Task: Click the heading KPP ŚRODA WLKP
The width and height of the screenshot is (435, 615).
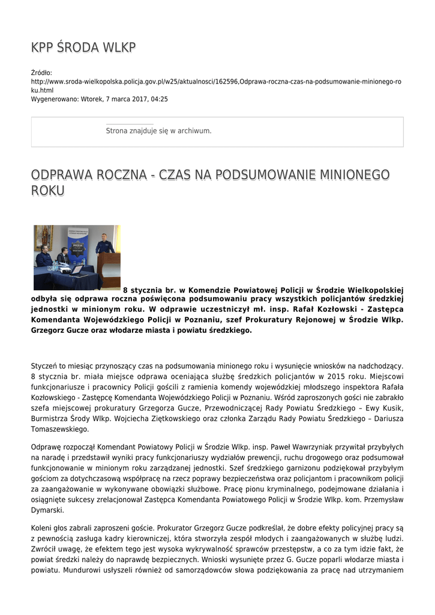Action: click(x=83, y=47)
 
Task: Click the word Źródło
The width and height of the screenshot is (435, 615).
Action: click(x=41, y=73)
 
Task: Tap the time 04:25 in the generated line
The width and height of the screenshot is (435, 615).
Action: click(x=159, y=99)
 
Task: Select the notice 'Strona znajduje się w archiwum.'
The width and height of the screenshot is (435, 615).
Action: click(x=158, y=130)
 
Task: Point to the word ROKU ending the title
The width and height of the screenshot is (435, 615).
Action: click(x=47, y=191)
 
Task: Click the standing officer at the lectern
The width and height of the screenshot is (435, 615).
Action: click(x=104, y=244)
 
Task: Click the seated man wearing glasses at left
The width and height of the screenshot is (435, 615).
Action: click(x=43, y=256)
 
